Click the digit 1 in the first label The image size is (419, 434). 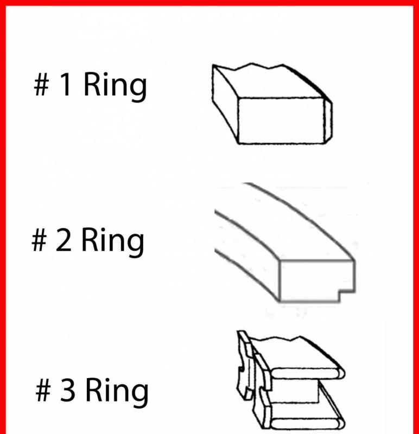[x=65, y=84]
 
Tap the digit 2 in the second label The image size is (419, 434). [x=63, y=239]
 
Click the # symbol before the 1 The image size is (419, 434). [x=42, y=85]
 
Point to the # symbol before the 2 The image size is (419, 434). [x=39, y=240]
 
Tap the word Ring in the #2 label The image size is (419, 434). [x=112, y=242]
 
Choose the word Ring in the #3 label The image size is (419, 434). [x=117, y=392]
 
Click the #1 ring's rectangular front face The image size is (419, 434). [x=281, y=120]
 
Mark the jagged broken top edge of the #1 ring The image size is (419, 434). [x=248, y=67]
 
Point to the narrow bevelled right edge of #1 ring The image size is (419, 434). [x=328, y=121]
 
